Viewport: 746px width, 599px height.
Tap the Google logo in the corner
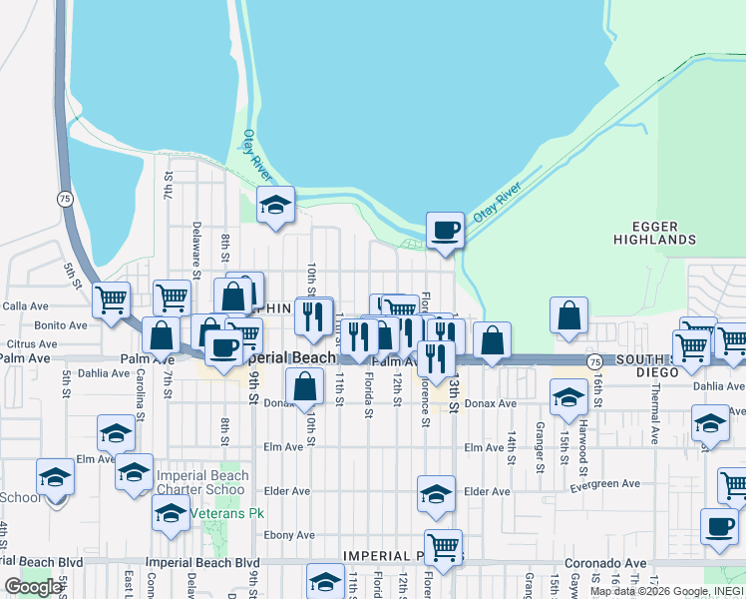click(x=33, y=587)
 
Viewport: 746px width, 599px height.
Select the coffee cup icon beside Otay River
click(x=445, y=231)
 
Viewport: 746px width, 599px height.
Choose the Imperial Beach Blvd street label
click(x=202, y=562)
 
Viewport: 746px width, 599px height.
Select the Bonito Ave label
click(x=61, y=325)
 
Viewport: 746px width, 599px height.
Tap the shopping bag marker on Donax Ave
click(x=304, y=385)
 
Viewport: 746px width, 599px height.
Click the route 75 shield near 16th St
click(x=593, y=360)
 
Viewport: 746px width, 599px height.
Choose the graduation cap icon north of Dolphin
click(x=276, y=205)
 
